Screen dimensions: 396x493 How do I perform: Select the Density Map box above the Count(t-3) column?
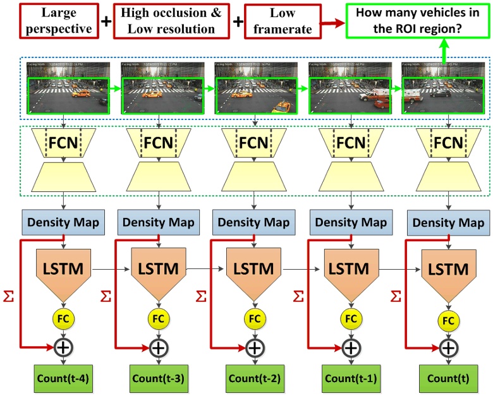[x=159, y=222]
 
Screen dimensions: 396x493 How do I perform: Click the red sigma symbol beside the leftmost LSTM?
[x=9, y=296]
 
